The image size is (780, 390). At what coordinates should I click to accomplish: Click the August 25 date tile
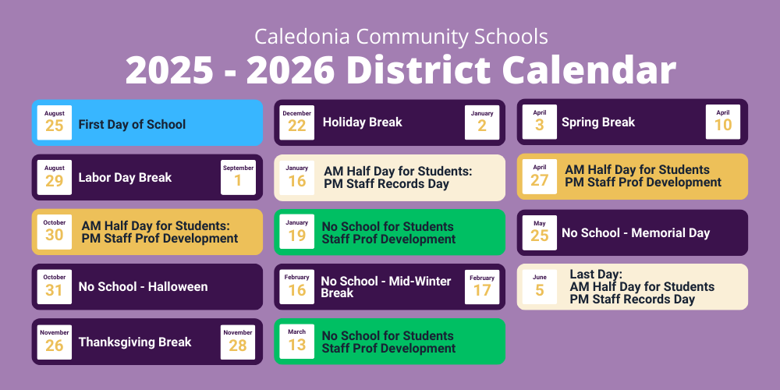click(55, 122)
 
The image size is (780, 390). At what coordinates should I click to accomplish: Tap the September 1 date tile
click(238, 177)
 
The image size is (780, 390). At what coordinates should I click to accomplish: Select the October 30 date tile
click(55, 232)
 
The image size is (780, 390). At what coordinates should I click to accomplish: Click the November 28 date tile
click(238, 342)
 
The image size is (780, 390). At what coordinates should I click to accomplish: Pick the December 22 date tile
click(296, 122)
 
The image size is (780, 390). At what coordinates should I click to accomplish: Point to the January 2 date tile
click(482, 122)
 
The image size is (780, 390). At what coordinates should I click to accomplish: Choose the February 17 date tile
click(482, 287)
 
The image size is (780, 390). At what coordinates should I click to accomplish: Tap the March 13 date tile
click(296, 342)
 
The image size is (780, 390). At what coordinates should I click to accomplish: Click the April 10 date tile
click(723, 122)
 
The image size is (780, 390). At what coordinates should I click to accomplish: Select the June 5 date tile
click(539, 287)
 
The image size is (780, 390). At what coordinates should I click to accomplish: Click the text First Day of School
click(132, 124)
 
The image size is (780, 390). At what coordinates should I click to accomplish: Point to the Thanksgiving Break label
click(135, 342)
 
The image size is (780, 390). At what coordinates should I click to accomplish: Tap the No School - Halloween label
click(143, 287)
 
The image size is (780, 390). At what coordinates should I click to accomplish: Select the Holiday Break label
click(362, 122)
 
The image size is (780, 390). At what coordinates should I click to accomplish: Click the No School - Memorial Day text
click(636, 232)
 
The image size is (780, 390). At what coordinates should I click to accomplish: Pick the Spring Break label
click(598, 122)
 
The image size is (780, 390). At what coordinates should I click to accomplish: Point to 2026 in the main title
click(290, 69)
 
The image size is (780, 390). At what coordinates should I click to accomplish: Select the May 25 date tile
click(539, 232)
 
